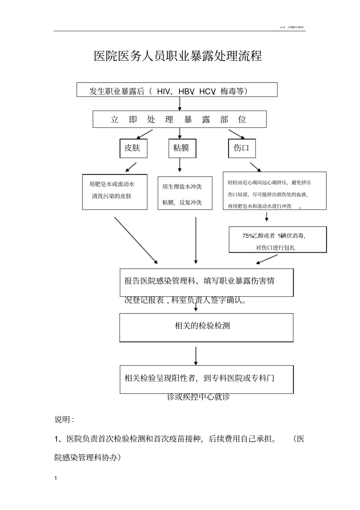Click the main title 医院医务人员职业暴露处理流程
point(178,56)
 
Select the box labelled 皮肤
point(133,148)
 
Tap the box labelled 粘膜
point(182,148)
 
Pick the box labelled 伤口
point(241,148)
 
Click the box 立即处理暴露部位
point(179,119)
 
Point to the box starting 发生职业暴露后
point(177,90)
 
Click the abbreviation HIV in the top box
point(163,91)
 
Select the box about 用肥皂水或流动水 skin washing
point(114,191)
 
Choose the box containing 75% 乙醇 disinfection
point(277,240)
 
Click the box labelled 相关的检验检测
point(206,327)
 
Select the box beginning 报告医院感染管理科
point(207,283)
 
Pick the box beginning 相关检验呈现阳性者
point(207,379)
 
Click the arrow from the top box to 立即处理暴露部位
point(180,104)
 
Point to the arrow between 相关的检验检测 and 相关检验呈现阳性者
point(196,355)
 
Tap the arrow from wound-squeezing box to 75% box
point(266,217)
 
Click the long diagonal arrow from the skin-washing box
point(136,240)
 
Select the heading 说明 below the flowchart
point(64,419)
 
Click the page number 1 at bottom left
point(56,478)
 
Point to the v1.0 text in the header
point(282,27)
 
